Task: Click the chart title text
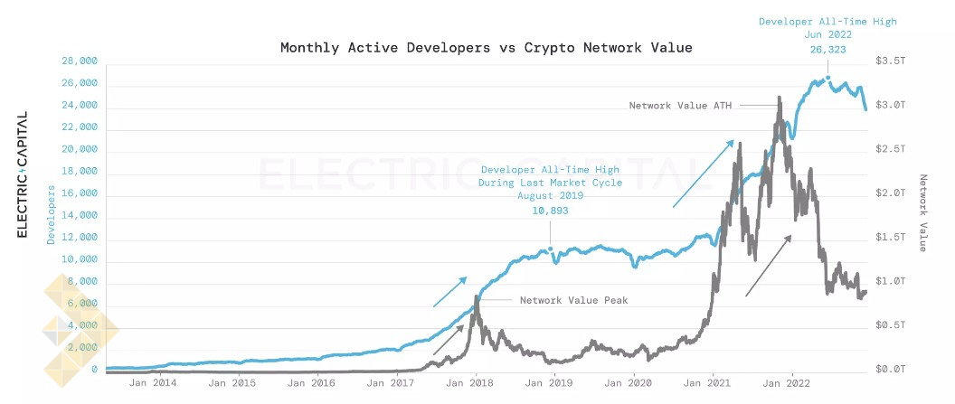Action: [486, 47]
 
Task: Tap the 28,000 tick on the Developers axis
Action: [80, 61]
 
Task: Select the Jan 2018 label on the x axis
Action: [477, 383]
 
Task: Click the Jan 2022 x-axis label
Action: [792, 383]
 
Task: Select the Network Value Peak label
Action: [573, 299]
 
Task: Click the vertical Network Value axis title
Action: [923, 212]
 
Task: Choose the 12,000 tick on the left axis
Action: [80, 239]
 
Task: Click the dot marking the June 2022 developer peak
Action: [827, 79]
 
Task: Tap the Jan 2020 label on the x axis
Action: [634, 383]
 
